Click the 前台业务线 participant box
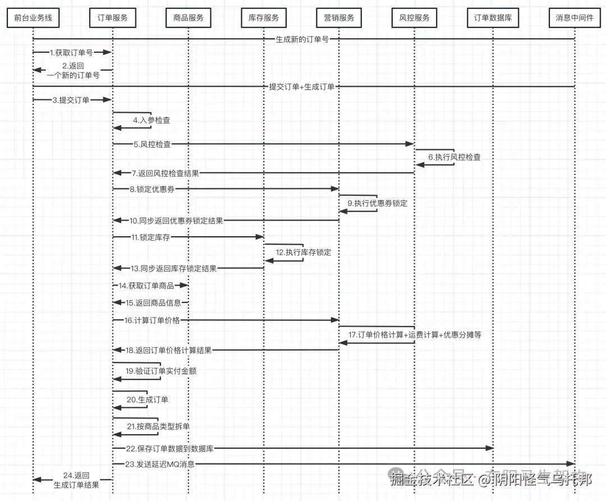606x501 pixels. tap(33, 18)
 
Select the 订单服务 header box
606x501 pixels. tap(112, 18)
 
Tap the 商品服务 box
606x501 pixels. tap(188, 18)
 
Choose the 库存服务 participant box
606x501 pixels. tap(264, 18)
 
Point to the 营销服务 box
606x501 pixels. tap(339, 18)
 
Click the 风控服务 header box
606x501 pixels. tap(414, 18)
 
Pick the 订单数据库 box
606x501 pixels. tap(493, 18)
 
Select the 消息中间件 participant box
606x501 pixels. tap(575, 18)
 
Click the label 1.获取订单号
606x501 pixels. tap(71, 52)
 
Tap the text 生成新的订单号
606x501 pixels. tap(302, 39)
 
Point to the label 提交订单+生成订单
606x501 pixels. tap(302, 86)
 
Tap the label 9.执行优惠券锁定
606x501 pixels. tap(377, 203)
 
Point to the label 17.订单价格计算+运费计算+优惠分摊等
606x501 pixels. tap(415, 335)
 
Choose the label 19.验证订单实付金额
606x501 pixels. tap(160, 371)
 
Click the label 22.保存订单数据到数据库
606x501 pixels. tap(169, 448)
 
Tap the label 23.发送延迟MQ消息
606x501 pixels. tap(160, 464)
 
